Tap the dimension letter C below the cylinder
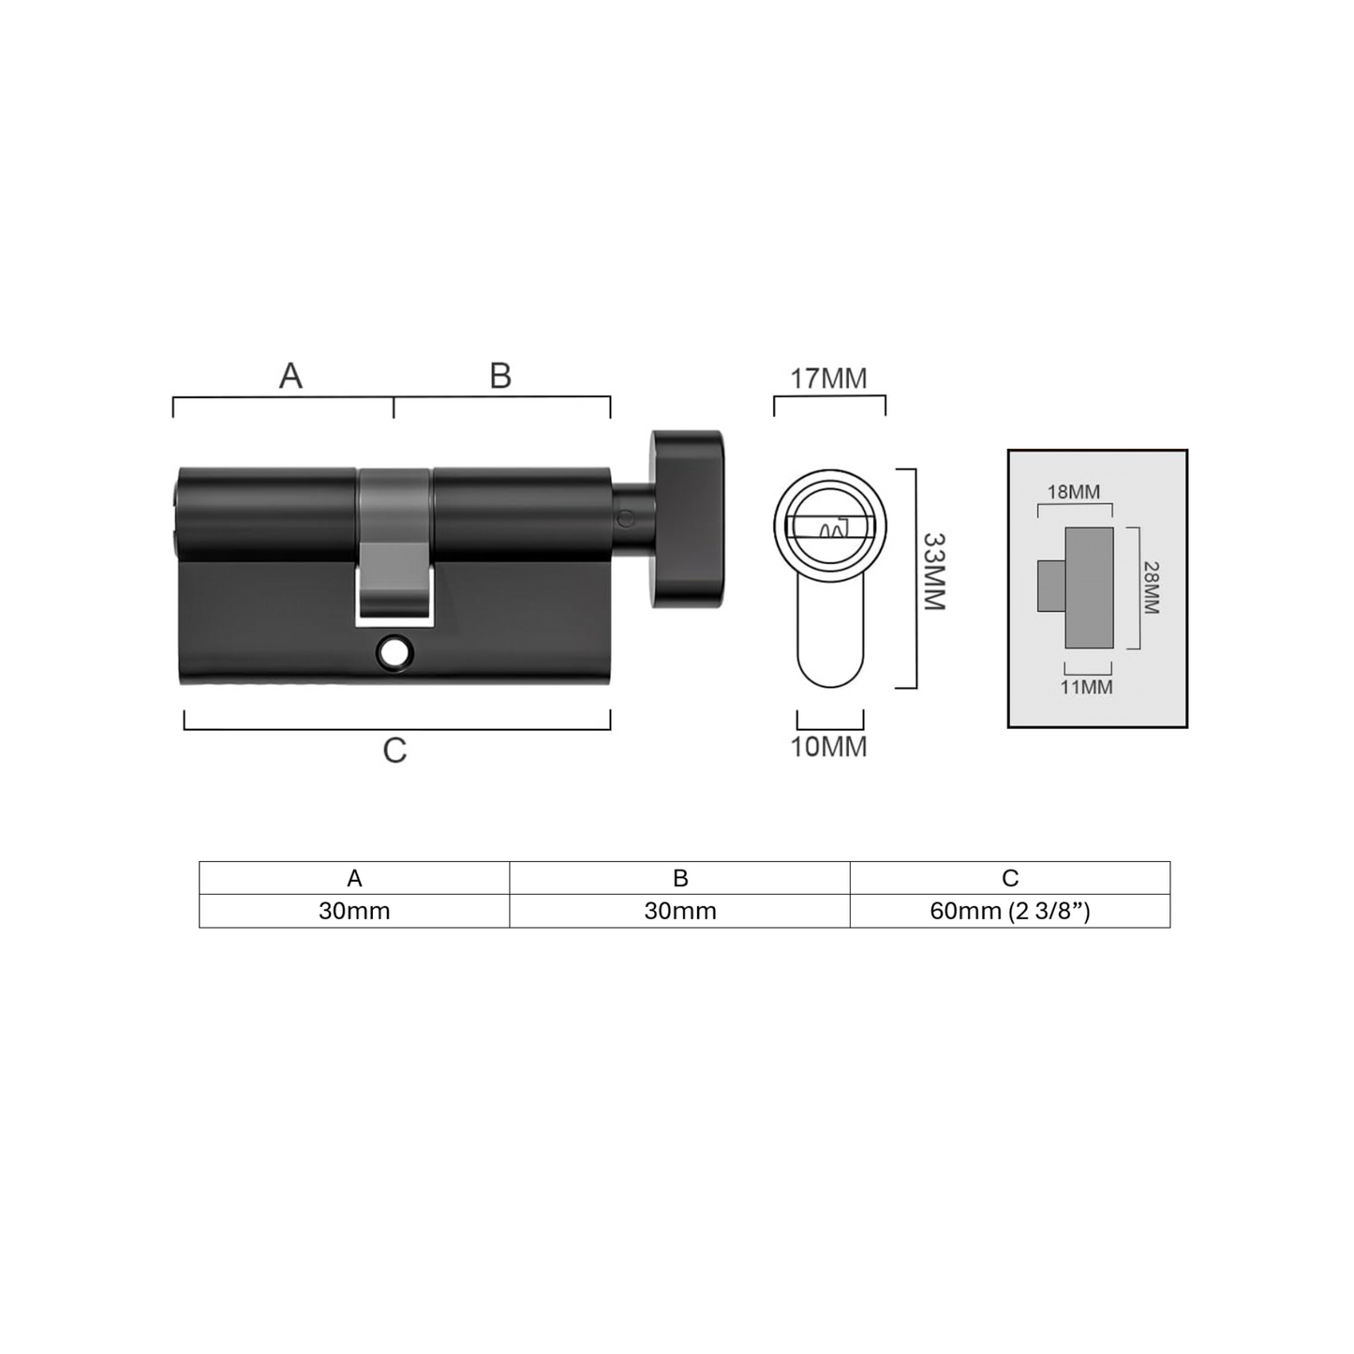pos(394,751)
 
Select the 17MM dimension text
pos(829,378)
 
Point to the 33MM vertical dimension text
pos(934,572)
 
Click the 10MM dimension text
pos(829,747)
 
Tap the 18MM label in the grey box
pos(1074,492)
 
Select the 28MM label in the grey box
pos(1151,588)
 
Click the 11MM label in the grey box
pos(1086,687)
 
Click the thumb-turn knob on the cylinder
pos(687,518)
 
